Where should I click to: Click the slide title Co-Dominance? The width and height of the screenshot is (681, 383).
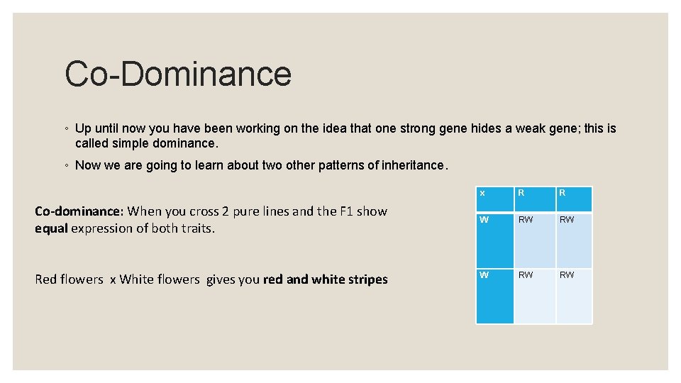click(178, 74)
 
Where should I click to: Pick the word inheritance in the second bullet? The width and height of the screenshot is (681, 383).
click(411, 166)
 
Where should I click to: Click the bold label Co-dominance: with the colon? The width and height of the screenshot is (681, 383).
click(79, 211)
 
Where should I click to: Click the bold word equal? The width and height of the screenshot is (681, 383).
click(51, 228)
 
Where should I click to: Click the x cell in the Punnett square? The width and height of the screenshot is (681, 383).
click(482, 193)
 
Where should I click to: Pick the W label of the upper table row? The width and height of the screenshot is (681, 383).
click(484, 220)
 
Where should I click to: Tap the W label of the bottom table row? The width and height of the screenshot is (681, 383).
click(484, 275)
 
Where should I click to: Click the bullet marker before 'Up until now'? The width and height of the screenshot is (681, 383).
click(66, 129)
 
